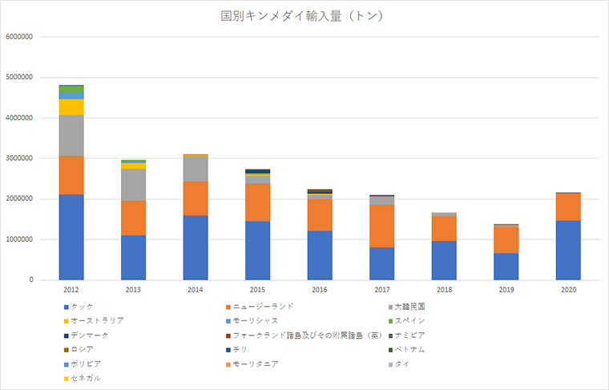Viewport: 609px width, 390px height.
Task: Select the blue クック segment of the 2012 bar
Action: click(71, 237)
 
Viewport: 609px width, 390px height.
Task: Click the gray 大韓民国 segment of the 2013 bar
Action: click(133, 185)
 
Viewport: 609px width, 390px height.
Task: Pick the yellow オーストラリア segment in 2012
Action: click(71, 107)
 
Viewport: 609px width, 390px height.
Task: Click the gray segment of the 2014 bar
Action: click(195, 169)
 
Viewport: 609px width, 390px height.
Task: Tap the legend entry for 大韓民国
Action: click(413, 306)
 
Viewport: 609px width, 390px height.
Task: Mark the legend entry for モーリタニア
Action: click(256, 364)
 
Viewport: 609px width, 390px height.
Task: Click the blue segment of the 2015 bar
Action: click(256, 251)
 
